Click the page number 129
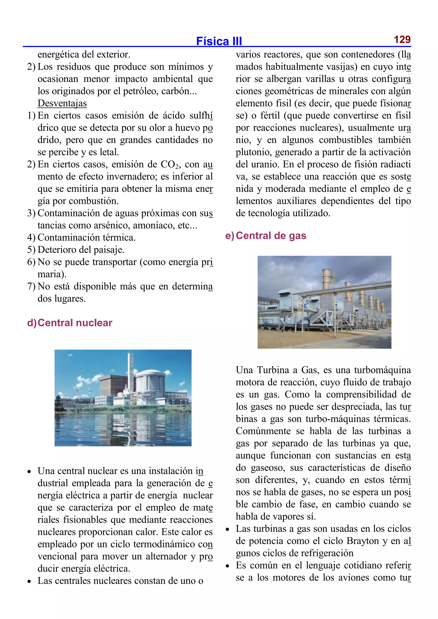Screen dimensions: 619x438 402,40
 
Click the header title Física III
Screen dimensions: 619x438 219,41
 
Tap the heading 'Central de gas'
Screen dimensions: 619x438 271,236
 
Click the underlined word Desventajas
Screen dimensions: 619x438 62,103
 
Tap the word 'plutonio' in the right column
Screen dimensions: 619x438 253,152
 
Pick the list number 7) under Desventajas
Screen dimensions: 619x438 31,286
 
